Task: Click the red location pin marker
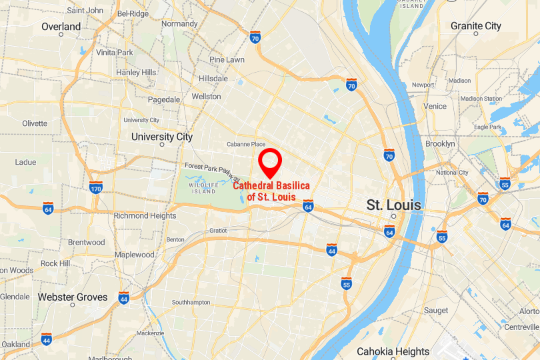pyautogui.click(x=270, y=161)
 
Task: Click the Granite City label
pyautogui.click(x=475, y=26)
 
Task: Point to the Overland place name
pyautogui.click(x=61, y=27)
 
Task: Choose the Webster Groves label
pyautogui.click(x=73, y=297)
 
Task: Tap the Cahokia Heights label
pyautogui.click(x=393, y=351)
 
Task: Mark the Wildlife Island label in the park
pyautogui.click(x=203, y=187)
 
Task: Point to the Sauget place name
pyautogui.click(x=436, y=311)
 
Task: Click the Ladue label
pyautogui.click(x=25, y=162)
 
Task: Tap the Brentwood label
pyautogui.click(x=86, y=243)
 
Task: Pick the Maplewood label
pyautogui.click(x=134, y=255)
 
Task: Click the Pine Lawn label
pyautogui.click(x=227, y=59)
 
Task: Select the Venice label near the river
pyautogui.click(x=435, y=106)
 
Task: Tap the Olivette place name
pyautogui.click(x=35, y=123)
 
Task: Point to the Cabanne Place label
pyautogui.click(x=246, y=144)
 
